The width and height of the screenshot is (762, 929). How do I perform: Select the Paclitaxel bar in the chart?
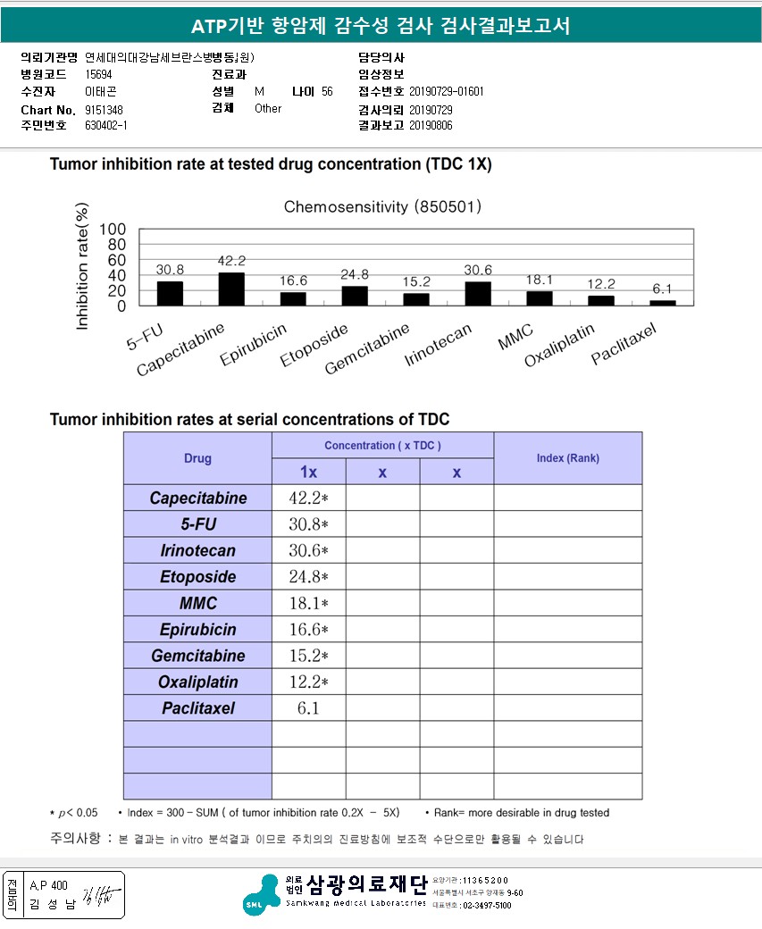tap(663, 303)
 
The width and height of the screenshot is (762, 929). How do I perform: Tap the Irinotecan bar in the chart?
tap(478, 294)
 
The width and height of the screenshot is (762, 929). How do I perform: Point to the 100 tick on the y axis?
tap(113, 230)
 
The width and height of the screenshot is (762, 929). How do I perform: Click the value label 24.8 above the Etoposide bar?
tap(355, 274)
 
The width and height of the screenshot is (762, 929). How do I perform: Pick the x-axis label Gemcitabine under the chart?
tap(367, 349)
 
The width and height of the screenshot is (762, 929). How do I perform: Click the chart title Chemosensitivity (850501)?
tap(383, 207)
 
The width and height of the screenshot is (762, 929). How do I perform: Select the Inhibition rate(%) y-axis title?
tap(83, 267)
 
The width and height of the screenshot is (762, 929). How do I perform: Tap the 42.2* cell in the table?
tap(308, 498)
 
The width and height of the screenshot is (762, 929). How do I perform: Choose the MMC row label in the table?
tap(197, 604)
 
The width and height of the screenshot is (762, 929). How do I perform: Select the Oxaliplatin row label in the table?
tap(197, 682)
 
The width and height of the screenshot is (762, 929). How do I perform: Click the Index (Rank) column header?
tap(567, 458)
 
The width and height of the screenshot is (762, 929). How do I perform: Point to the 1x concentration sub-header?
tap(308, 472)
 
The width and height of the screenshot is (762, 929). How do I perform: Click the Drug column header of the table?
tap(197, 458)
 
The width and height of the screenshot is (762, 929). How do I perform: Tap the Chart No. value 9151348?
tap(104, 109)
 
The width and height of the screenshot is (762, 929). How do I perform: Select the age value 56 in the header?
tap(327, 92)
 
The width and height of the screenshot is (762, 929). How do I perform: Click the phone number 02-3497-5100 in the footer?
tap(486, 905)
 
